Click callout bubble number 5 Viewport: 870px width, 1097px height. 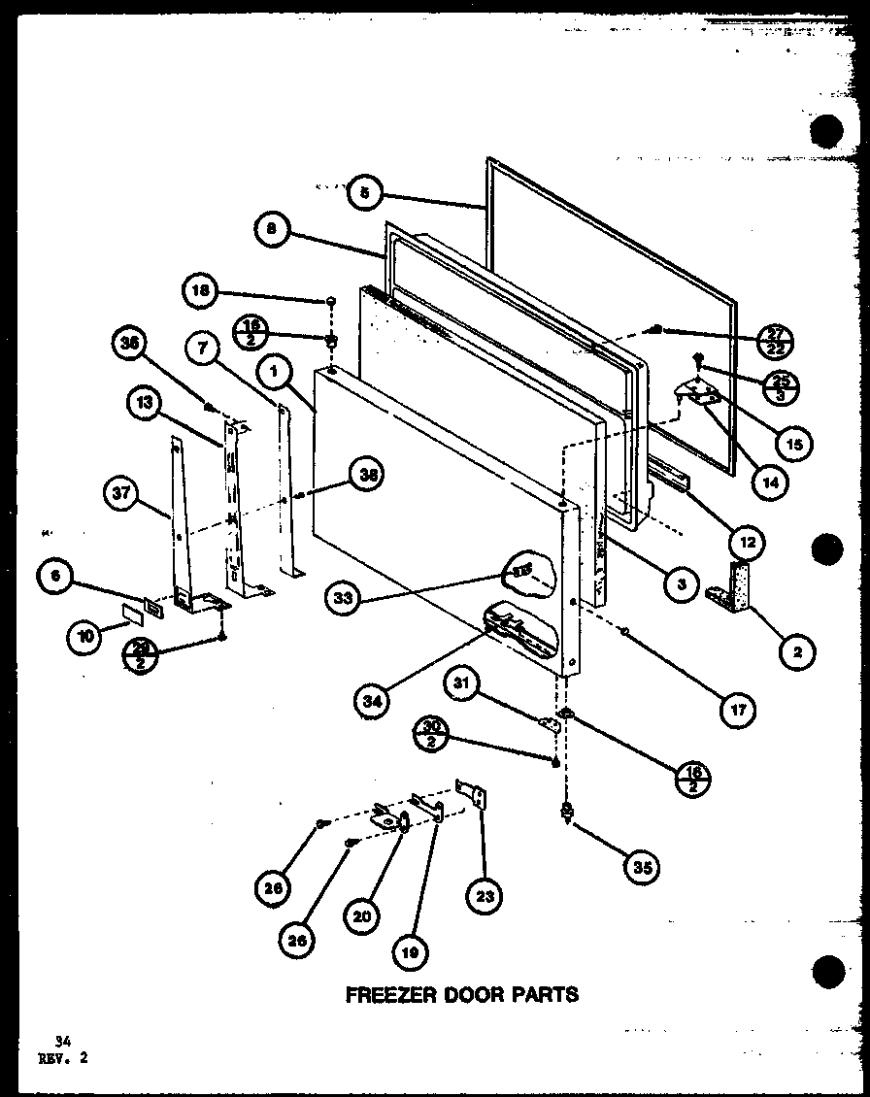tap(364, 192)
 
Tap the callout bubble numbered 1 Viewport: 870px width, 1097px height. tap(275, 369)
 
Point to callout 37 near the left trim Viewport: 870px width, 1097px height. tap(120, 494)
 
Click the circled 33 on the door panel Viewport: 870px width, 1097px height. tap(343, 600)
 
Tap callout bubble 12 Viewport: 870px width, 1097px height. tap(749, 541)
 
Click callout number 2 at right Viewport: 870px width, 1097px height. tap(797, 653)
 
